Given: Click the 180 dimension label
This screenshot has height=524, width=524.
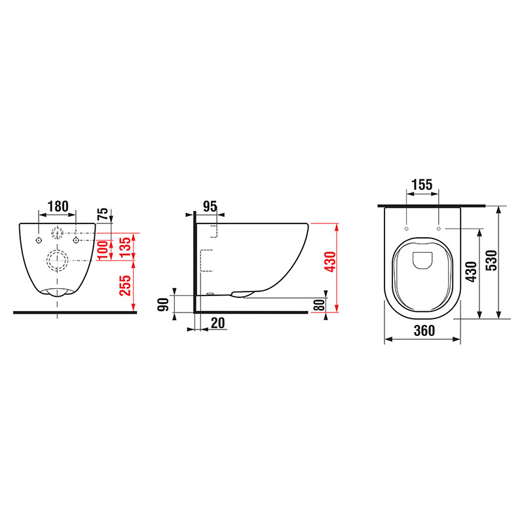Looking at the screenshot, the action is pyautogui.click(x=58, y=206).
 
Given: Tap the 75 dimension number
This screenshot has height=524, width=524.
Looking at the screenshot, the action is pyautogui.click(x=103, y=214).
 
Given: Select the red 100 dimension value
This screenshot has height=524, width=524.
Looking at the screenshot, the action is pyautogui.click(x=103, y=250).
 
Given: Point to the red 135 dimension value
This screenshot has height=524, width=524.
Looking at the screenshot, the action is pyautogui.click(x=125, y=247).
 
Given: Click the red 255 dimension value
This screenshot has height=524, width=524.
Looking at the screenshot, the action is pyautogui.click(x=125, y=286).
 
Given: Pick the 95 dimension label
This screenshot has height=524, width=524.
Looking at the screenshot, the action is pyautogui.click(x=210, y=206).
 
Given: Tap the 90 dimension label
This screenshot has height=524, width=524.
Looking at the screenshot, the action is pyautogui.click(x=163, y=305).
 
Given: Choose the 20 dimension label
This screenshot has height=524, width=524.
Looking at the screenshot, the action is pyautogui.click(x=218, y=323).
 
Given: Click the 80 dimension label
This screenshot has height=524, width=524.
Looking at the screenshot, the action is pyautogui.click(x=320, y=305).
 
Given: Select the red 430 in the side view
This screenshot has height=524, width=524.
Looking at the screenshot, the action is pyautogui.click(x=330, y=261).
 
